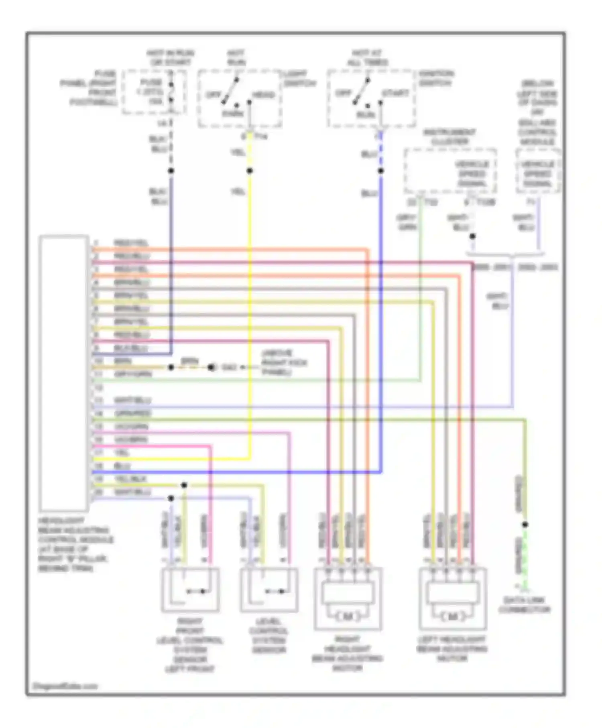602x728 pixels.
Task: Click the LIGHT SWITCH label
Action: coord(299,78)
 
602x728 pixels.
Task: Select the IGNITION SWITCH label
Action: coord(436,78)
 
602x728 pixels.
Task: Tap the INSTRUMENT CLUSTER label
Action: coord(449,137)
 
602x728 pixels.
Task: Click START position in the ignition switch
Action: coord(395,93)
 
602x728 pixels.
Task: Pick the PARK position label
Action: coord(233,114)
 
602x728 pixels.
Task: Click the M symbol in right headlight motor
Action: coord(348,616)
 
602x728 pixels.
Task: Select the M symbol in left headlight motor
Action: coord(452,616)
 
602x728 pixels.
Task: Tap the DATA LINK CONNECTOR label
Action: coord(524,605)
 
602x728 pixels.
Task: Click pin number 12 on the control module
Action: coord(98,388)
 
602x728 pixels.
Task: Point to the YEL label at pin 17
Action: coord(122,453)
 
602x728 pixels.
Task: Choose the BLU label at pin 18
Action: coord(122,466)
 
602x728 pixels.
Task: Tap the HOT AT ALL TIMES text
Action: coord(367,58)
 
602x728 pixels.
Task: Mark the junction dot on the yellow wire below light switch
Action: coord(250,171)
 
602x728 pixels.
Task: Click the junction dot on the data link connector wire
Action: coord(525,525)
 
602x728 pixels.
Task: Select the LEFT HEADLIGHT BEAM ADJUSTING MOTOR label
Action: coord(452,649)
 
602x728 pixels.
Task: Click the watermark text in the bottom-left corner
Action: coord(65,686)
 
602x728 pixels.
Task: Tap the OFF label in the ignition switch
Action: coord(343,93)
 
